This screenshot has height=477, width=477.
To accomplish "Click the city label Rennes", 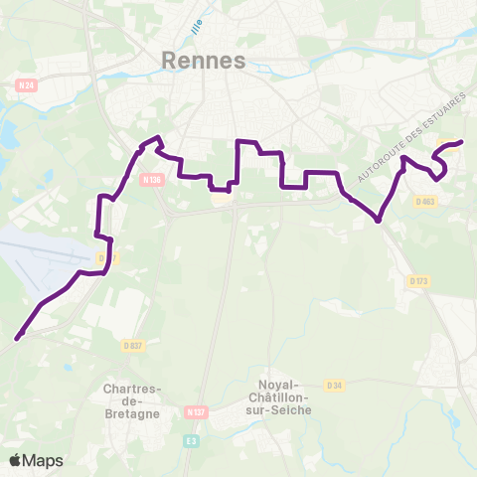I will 203,62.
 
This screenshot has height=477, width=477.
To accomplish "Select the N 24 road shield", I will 27,85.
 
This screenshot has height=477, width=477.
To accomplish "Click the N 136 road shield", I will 150,180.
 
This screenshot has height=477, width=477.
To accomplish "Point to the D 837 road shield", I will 132,345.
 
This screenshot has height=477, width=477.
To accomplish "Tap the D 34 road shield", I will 335,385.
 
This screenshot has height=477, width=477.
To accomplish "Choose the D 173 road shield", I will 418,281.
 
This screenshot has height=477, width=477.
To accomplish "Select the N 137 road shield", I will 196,410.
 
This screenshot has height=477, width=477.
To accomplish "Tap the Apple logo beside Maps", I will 16,460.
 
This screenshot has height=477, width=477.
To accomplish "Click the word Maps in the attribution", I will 44,460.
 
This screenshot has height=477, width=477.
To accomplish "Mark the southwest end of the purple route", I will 17,339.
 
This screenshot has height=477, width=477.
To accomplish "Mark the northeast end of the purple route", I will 461,143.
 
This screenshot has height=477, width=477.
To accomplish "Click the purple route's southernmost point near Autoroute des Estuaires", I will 379,221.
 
